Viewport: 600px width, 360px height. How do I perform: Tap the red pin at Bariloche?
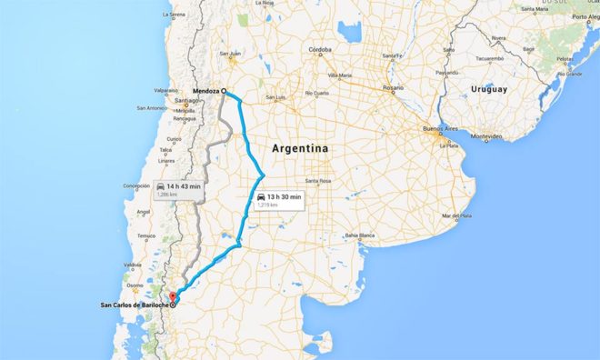(x=174, y=296)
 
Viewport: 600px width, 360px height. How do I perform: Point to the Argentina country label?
(x=300, y=147)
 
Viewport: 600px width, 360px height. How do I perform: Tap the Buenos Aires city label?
(x=441, y=130)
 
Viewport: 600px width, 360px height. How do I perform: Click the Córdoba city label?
(x=320, y=49)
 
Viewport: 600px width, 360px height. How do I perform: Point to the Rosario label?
(x=393, y=87)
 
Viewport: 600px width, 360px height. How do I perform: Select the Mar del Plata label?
(x=457, y=215)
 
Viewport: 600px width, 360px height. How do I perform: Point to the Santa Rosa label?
(x=318, y=181)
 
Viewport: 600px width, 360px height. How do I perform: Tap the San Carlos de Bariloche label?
(x=133, y=305)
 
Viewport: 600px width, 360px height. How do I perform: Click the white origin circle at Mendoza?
(x=224, y=91)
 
